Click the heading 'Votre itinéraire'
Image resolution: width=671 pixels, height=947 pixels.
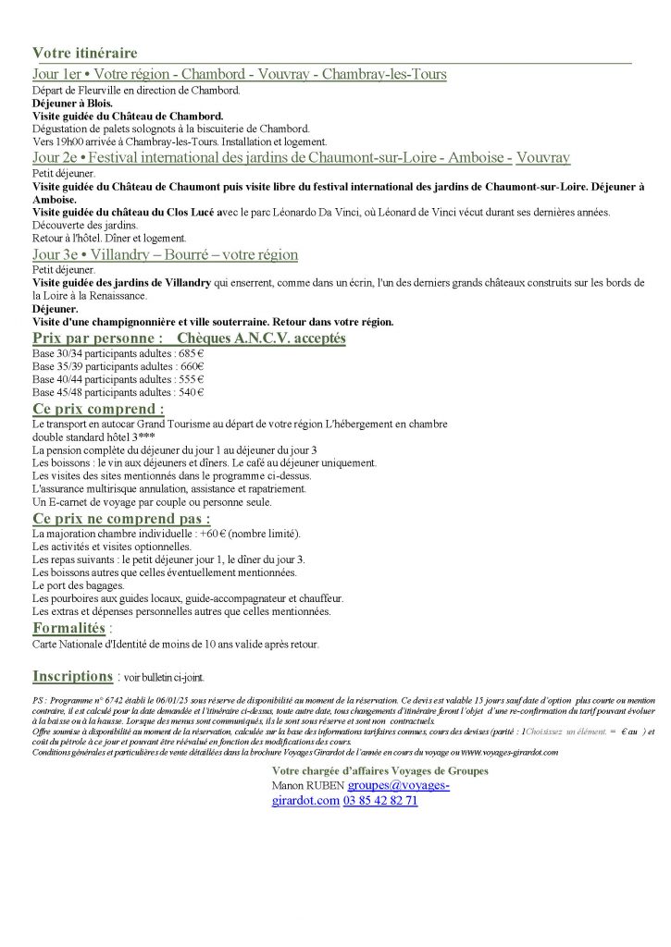tap(84, 53)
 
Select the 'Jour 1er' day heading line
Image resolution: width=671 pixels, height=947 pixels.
tap(239, 74)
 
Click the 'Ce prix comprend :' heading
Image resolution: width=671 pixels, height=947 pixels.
tap(98, 408)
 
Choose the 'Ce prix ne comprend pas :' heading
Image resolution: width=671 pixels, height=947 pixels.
tap(120, 518)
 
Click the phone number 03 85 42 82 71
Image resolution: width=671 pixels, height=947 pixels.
tap(379, 800)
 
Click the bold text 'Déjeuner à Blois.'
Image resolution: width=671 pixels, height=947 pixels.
tap(72, 103)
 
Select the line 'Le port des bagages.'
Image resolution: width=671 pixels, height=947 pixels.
tap(77, 585)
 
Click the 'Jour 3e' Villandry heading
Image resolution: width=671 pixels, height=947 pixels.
tap(165, 254)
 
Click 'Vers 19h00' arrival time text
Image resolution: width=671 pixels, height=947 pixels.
tap(56, 141)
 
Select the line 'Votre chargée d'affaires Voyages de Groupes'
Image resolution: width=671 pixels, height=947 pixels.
tap(379, 770)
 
